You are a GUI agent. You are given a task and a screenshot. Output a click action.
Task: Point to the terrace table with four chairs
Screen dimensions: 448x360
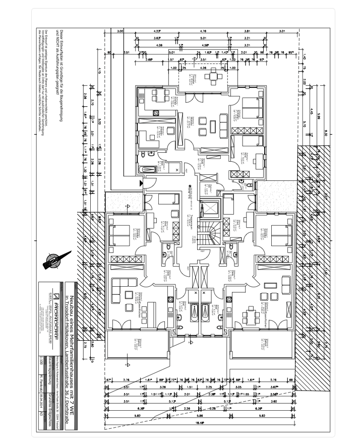(211, 77)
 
